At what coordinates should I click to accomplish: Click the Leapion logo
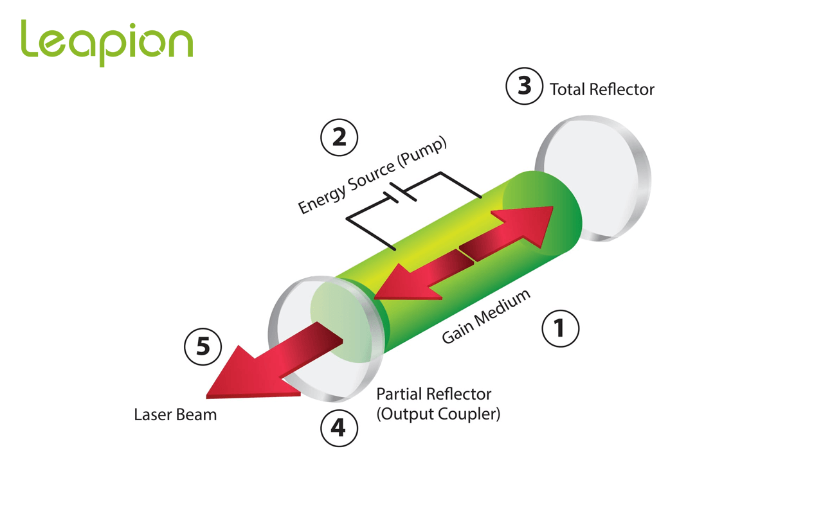[107, 42]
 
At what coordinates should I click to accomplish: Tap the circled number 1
[560, 329]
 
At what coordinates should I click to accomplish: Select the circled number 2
[339, 137]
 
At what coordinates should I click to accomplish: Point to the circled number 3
[525, 85]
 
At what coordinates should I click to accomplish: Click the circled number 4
[339, 427]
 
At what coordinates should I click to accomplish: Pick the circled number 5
[203, 347]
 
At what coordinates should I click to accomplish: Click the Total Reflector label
[602, 89]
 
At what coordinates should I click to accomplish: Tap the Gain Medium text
[486, 316]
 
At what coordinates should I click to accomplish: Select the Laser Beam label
[175, 415]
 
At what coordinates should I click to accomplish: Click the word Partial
[399, 394]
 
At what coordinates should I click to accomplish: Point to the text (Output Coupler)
[438, 414]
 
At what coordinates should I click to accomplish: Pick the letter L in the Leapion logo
[30, 39]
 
